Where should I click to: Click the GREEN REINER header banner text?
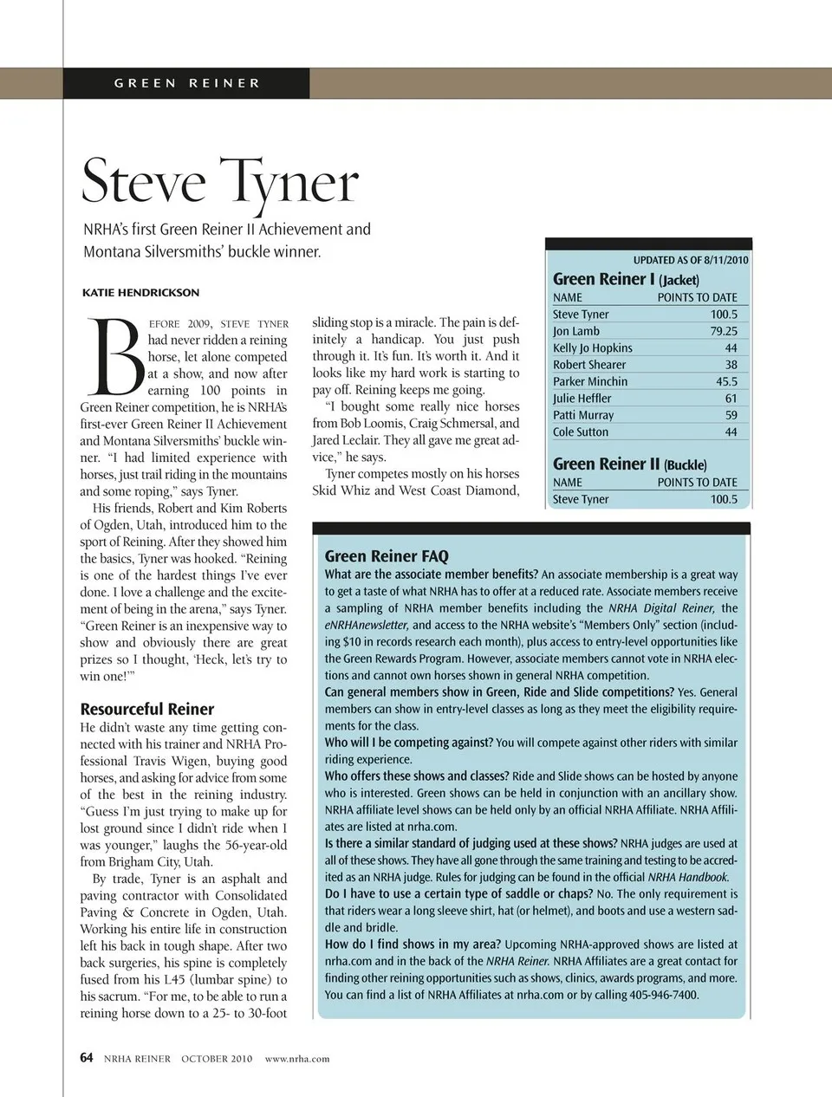tap(187, 83)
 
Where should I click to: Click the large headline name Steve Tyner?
tap(220, 182)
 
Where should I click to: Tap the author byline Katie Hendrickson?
tap(140, 293)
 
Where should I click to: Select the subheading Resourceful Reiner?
tap(147, 709)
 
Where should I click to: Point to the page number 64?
tap(87, 1057)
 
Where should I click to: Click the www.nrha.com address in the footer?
tap(297, 1058)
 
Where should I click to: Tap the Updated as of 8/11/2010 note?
tap(690, 260)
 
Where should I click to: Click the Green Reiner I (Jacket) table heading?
tap(626, 279)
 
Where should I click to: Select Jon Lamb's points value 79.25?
tap(724, 331)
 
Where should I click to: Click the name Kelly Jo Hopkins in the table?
tap(593, 348)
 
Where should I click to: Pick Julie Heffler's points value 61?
tap(731, 399)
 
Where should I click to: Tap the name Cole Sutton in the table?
tap(581, 432)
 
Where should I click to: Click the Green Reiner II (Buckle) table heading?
tap(629, 464)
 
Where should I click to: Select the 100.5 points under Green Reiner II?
tap(724, 500)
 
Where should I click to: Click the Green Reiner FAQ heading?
tap(387, 556)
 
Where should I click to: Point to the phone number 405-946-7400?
tap(663, 995)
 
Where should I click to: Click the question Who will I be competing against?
tap(409, 743)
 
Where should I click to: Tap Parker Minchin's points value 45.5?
tap(726, 382)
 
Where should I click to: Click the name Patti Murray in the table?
tap(583, 415)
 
